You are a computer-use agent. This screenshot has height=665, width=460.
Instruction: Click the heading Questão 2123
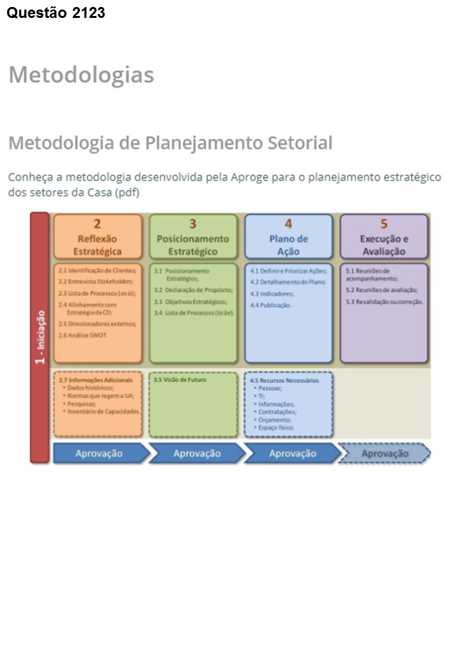tap(56, 12)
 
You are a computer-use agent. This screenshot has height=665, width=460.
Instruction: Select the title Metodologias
tap(81, 75)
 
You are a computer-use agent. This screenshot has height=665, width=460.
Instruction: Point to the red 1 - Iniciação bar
tap(40, 337)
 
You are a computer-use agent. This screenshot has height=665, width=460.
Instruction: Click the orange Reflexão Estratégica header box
tap(97, 237)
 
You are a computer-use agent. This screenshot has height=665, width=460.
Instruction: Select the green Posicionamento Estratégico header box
tap(193, 237)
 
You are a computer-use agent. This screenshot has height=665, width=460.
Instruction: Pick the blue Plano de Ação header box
tap(288, 237)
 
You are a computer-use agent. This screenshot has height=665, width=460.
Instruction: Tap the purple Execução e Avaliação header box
tap(384, 237)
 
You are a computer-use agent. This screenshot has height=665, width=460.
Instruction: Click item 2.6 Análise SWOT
tap(83, 334)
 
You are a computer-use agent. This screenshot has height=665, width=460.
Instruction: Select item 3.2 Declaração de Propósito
tap(192, 290)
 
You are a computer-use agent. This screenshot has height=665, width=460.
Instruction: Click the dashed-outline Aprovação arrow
tap(384, 453)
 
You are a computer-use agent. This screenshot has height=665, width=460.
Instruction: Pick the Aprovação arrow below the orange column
tap(99, 453)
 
